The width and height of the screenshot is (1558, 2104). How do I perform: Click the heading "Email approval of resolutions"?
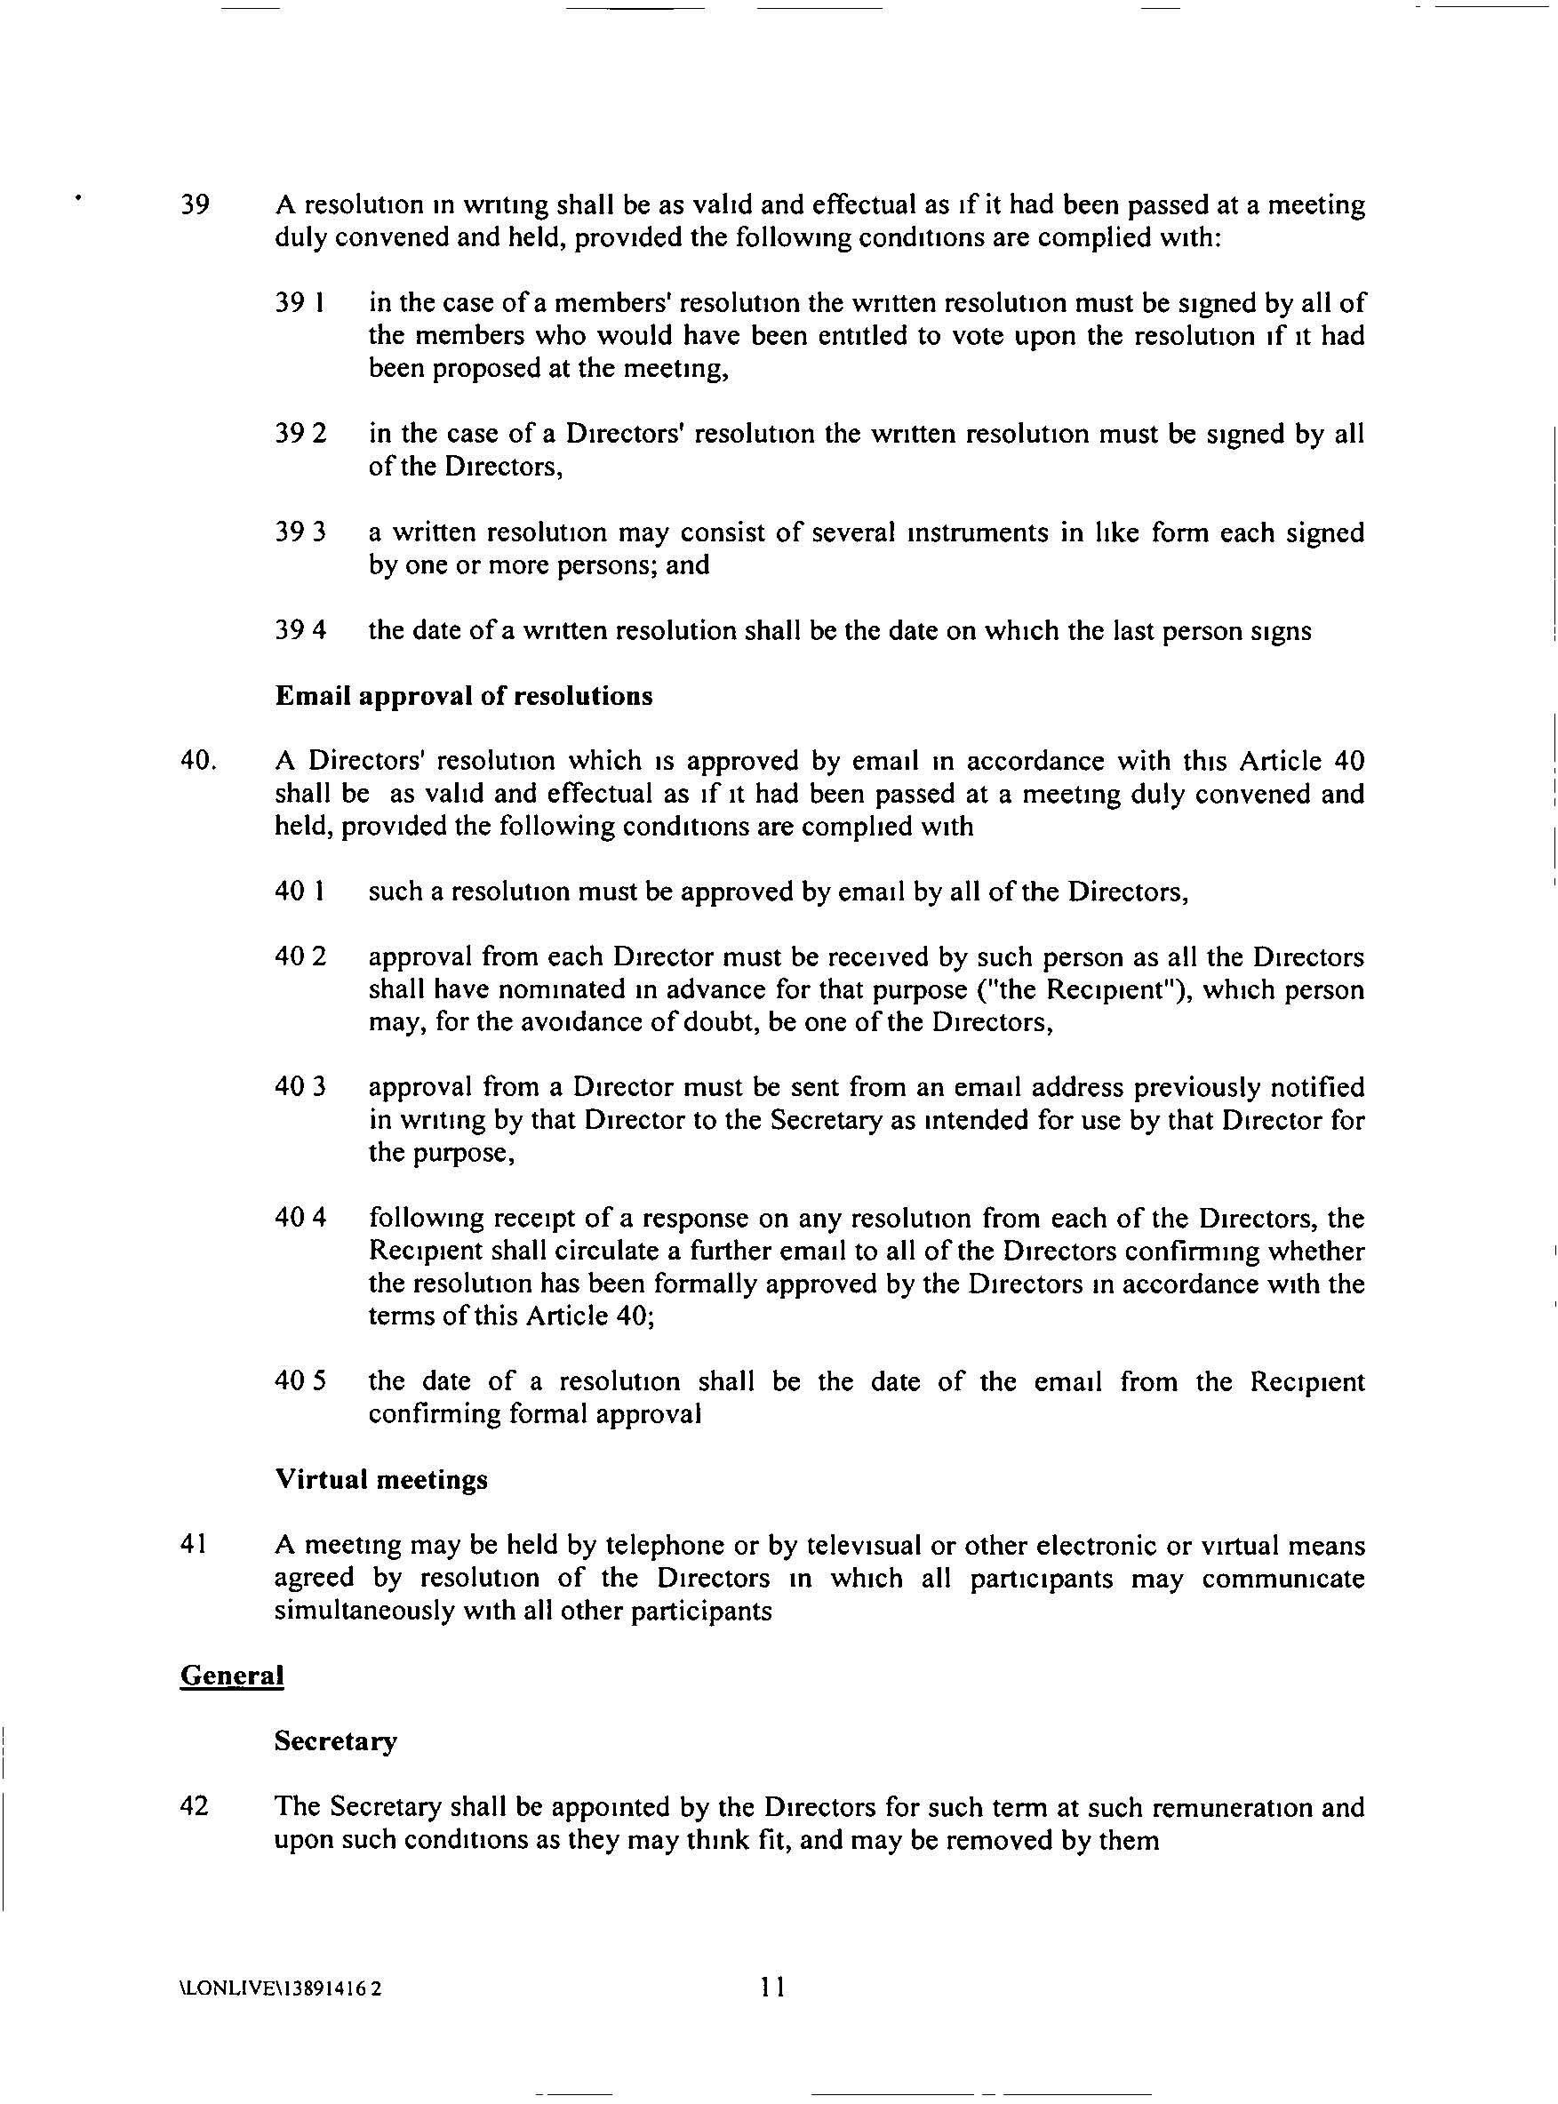point(463,696)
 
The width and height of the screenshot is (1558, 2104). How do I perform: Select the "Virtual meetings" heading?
point(381,1479)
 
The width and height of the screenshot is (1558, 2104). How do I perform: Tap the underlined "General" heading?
point(231,1675)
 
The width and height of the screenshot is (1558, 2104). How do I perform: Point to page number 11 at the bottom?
point(772,1987)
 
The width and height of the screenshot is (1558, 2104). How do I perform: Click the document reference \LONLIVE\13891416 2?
point(280,1989)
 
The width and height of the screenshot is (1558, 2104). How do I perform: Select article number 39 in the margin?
point(195,205)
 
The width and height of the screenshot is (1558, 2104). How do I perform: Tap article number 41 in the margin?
point(194,1545)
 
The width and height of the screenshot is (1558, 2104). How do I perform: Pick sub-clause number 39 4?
point(300,630)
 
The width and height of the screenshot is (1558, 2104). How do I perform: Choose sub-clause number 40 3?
point(300,1087)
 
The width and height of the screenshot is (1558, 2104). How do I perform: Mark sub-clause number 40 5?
point(300,1381)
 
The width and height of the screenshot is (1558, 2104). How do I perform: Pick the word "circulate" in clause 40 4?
point(554,1252)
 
